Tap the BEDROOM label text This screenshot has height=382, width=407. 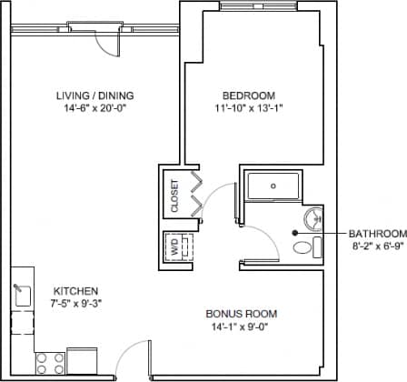click(248, 95)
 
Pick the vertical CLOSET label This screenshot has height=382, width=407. click(174, 195)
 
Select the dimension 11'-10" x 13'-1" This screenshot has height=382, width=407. click(248, 110)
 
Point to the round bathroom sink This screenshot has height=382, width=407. click(314, 218)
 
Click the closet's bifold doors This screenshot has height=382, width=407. click(194, 195)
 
